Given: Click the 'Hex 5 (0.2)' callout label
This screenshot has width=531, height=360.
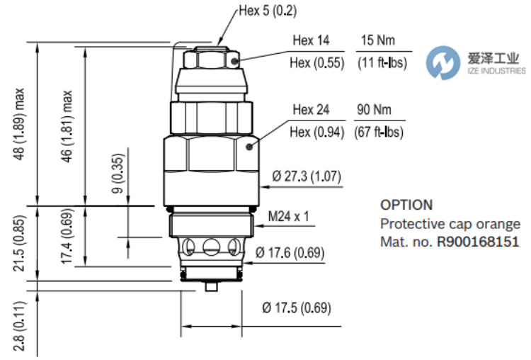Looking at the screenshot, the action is click(268, 11).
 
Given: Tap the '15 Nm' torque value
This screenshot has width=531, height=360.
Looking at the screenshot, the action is click(377, 40).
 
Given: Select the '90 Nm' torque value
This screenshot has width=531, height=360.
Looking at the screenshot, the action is click(374, 110).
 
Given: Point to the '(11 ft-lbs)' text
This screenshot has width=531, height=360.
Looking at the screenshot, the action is click(382, 62).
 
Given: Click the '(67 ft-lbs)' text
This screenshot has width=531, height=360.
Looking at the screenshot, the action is click(379, 132).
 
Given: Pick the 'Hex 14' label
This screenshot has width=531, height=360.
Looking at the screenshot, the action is click(311, 40).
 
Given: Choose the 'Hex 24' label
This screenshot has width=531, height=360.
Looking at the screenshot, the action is click(311, 110).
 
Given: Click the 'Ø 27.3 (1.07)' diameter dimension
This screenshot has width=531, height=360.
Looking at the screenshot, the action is click(307, 176).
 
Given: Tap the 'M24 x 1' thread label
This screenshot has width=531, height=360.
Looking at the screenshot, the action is click(288, 216).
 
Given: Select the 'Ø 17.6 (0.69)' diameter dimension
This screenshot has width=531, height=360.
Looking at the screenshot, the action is click(290, 252).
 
